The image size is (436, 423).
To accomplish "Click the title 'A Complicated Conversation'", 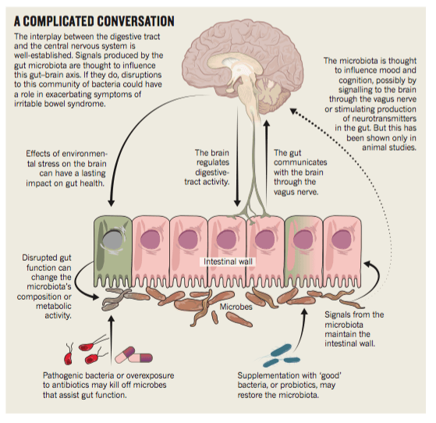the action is [x=94, y=21].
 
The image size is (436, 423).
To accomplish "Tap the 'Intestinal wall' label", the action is [x=228, y=261].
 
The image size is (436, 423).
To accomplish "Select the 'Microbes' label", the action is [x=236, y=307].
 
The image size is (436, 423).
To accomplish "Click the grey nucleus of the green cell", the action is [x=112, y=240].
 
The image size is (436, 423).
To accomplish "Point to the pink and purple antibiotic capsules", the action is [x=134, y=355].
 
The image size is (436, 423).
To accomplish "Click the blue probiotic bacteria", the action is [x=280, y=356].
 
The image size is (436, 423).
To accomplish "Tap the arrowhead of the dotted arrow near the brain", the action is [x=293, y=111].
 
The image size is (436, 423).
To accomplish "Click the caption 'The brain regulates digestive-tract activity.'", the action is [x=207, y=167].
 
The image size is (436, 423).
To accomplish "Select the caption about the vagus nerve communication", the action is [x=300, y=172].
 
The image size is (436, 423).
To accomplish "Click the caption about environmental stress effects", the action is [x=66, y=169].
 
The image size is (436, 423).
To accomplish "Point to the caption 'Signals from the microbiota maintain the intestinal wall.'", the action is [x=354, y=329].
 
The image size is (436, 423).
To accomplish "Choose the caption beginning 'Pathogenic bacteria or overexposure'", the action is [x=108, y=386].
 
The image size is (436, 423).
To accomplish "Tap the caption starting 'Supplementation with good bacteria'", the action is [x=289, y=386].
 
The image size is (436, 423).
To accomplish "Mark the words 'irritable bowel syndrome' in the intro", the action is [x=60, y=104].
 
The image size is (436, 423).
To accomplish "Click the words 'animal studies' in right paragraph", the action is [x=389, y=148].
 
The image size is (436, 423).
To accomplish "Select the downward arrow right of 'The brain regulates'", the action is [x=237, y=156].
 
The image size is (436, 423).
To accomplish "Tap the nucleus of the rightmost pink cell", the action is [x=342, y=240].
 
